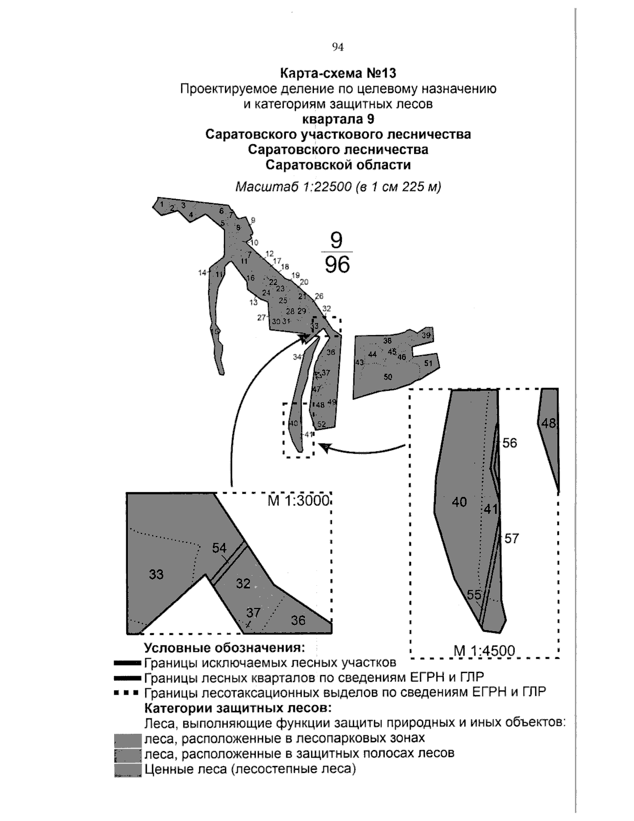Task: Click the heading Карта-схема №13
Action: pos(338,72)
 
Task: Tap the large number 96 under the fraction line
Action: pos(338,264)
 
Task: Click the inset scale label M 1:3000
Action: pos(299,501)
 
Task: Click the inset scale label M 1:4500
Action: pos(484,651)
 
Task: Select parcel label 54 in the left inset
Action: pos(219,548)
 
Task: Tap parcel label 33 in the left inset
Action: pos(156,574)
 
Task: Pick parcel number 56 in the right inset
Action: pos(510,443)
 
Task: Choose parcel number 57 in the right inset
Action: pos(511,539)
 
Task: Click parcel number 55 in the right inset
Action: pos(474,595)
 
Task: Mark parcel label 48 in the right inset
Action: pos(549,423)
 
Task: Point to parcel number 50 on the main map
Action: pos(388,377)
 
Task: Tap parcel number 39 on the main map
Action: pos(426,335)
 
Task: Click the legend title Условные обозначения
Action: pos(225,648)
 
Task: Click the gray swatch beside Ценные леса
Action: pos(127,770)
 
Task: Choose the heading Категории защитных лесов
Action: pos(238,707)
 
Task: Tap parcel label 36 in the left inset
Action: pos(299,620)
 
